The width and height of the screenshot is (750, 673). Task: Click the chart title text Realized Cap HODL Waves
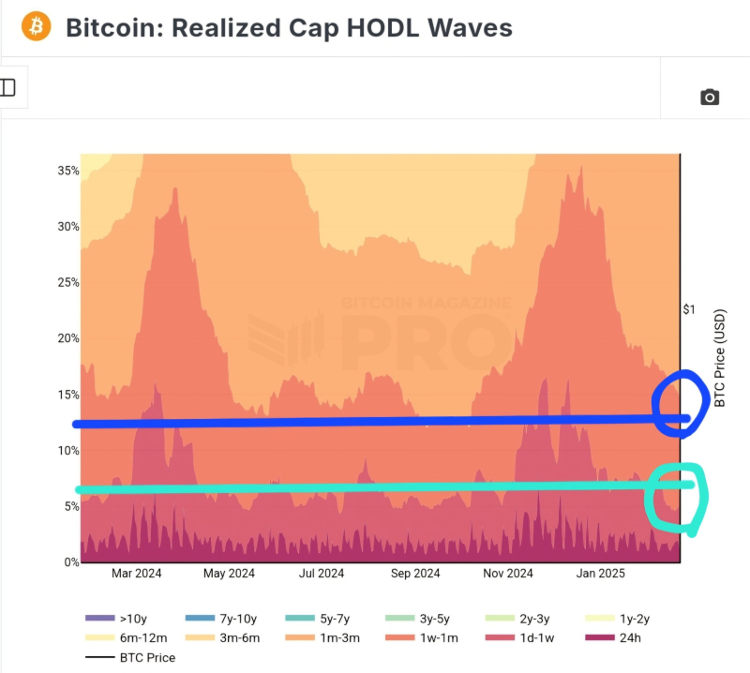pos(289,28)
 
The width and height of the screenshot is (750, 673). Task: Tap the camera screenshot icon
pos(710,97)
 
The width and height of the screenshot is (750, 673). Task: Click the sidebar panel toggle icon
pos(7,87)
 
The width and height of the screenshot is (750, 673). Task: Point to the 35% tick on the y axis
pos(67,171)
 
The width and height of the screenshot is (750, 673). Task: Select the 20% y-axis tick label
pos(67,338)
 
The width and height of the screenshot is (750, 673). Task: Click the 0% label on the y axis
pos(69,562)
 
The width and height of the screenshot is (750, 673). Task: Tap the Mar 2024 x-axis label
pos(137,574)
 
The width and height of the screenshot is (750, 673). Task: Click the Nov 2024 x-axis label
pos(507,574)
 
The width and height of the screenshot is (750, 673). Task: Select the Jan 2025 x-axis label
pos(600,574)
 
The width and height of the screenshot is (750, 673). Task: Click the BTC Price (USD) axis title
pos(720,358)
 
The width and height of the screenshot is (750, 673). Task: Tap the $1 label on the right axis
pos(688,310)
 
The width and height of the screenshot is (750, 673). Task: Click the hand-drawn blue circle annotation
pos(682,403)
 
